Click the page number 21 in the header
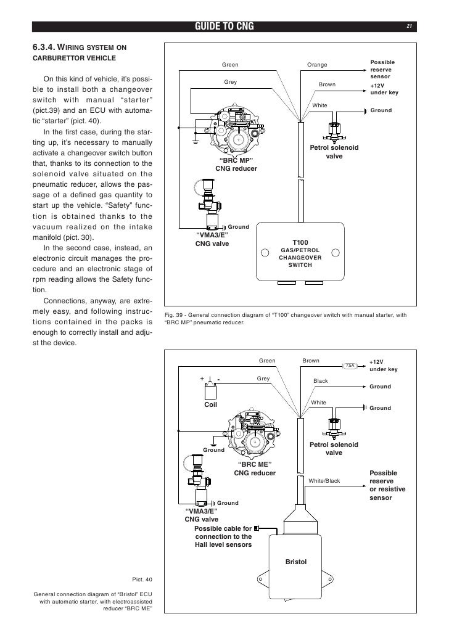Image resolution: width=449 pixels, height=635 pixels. point(408,26)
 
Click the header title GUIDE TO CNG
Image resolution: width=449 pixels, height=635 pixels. point(224,26)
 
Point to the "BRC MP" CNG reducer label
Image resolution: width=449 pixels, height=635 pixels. point(236,164)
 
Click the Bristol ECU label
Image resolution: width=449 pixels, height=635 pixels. point(297,562)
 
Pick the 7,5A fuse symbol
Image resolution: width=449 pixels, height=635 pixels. point(350,365)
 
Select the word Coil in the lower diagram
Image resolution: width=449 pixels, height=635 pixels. point(211,405)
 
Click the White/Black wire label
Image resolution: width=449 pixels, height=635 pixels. point(324,481)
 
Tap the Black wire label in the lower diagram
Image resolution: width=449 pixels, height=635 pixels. point(321,381)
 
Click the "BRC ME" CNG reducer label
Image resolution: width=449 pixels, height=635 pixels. point(255,469)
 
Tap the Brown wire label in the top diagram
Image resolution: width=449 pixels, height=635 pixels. point(327,84)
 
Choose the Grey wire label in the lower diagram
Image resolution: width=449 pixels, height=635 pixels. point(263,378)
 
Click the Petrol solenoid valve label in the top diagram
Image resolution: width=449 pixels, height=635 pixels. point(334,152)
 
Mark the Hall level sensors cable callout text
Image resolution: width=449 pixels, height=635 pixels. point(223,536)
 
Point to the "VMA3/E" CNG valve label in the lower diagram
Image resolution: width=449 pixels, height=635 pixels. point(202,515)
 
